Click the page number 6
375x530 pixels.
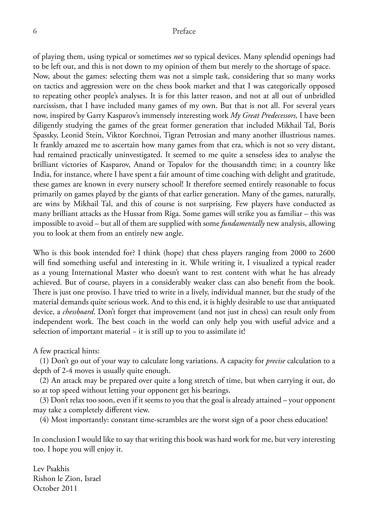35,31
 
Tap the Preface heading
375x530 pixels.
184,31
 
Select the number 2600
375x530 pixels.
326,253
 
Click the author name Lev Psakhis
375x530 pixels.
51,469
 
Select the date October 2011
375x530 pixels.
55,488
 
